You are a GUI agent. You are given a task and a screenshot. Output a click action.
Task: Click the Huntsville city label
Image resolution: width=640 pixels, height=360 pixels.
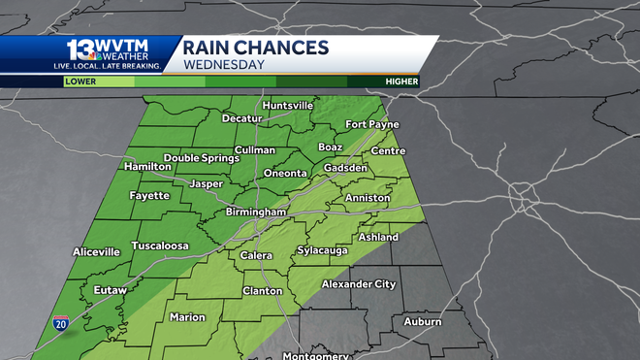[287, 105]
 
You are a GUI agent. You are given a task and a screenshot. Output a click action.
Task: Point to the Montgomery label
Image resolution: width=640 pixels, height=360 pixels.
[315, 355]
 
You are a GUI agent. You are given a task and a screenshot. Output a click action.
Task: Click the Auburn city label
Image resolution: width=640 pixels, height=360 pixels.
[422, 321]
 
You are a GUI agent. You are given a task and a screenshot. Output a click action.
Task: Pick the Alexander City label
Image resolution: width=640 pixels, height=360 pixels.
[359, 284]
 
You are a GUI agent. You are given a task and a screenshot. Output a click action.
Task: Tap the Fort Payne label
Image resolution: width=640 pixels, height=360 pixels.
[372, 125]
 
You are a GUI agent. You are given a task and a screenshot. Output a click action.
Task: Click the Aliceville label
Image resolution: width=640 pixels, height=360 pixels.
[96, 251]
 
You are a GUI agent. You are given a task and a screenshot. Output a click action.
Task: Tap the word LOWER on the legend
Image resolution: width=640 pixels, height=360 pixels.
[80, 82]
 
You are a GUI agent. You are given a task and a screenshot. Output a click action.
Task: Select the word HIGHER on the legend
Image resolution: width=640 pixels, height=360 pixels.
[400, 82]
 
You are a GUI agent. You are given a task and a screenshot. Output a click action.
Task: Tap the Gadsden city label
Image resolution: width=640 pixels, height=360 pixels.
[345, 168]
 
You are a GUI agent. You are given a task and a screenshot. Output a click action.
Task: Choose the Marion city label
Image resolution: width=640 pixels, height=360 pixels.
[187, 317]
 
